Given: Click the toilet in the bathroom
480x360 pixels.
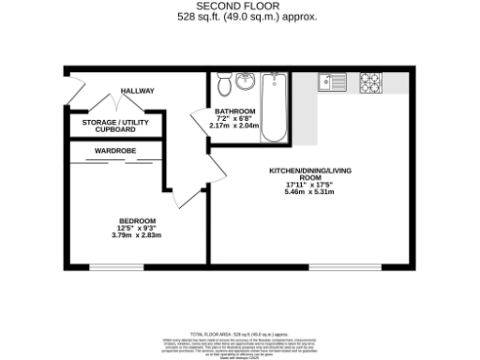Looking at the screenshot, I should (x=225, y=85).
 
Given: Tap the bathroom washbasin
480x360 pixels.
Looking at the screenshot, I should (x=246, y=81).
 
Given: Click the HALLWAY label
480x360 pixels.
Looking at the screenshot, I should (x=137, y=91).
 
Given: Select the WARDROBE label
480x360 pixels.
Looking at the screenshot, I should (x=114, y=150).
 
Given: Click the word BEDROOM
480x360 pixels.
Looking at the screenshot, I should (x=137, y=220).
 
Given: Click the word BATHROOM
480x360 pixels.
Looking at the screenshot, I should (x=211, y=112).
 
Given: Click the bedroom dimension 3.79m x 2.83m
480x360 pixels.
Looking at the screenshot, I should (x=137, y=236).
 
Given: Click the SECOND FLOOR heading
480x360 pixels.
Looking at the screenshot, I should (x=239, y=7).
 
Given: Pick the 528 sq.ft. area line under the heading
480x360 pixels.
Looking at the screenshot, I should (x=241, y=17).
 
